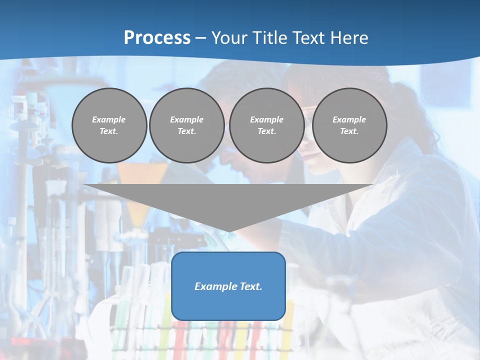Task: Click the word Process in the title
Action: [x=157, y=38]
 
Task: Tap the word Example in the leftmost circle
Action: [x=109, y=119]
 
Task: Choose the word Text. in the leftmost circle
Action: [x=109, y=131]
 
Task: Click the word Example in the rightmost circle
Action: [x=349, y=119]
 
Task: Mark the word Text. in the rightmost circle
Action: [x=349, y=131]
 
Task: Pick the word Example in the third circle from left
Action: [x=267, y=119]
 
